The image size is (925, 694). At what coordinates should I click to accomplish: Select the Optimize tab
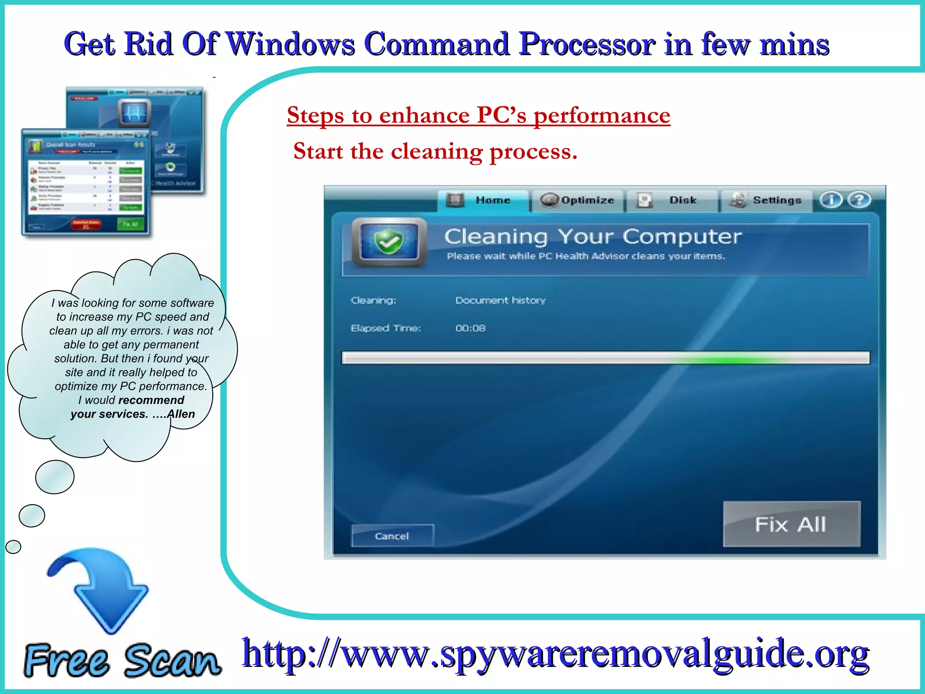point(578,200)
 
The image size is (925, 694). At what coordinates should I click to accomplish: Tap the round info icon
point(831,200)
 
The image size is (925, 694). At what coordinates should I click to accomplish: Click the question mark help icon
point(859,200)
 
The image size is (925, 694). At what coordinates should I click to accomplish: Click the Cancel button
point(392,536)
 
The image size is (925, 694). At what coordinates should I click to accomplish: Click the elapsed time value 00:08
point(470,328)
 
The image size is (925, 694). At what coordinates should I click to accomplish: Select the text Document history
point(500,300)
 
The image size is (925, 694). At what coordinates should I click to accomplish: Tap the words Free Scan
point(122,661)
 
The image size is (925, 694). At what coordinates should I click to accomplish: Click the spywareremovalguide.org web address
point(556,654)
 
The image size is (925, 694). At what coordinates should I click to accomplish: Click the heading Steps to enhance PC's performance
point(478,115)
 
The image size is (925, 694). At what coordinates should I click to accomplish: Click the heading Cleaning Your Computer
point(593,237)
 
